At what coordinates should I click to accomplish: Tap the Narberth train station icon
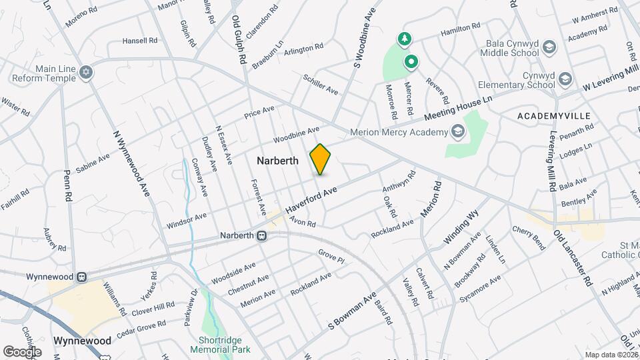click(x=263, y=236)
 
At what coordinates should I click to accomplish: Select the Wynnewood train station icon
click(x=81, y=276)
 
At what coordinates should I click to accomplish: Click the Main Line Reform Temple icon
click(x=85, y=71)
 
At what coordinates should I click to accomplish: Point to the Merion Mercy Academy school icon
click(x=457, y=131)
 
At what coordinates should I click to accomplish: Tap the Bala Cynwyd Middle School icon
click(x=549, y=47)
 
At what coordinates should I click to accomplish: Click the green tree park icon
click(x=403, y=40)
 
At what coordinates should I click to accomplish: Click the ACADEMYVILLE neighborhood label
click(x=554, y=116)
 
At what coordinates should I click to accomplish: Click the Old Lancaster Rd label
click(x=573, y=258)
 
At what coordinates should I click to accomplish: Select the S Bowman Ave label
click(x=353, y=310)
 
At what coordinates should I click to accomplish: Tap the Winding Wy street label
click(x=462, y=227)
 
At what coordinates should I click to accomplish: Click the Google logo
click(x=22, y=351)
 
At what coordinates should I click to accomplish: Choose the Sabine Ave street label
click(x=93, y=163)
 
